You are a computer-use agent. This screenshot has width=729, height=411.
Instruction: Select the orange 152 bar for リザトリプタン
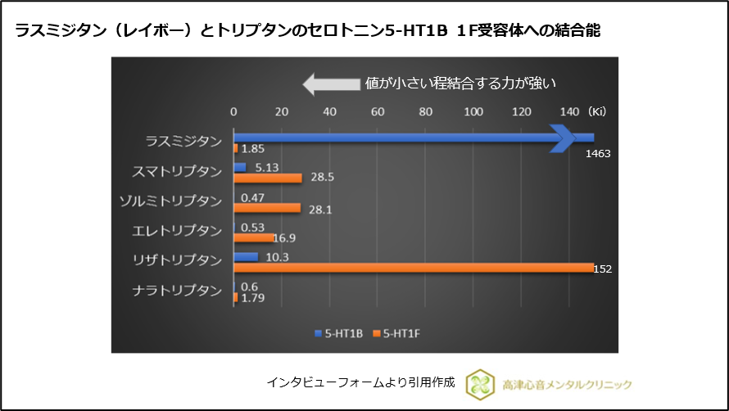(x=414, y=267)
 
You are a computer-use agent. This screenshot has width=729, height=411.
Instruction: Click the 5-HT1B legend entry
(x=337, y=333)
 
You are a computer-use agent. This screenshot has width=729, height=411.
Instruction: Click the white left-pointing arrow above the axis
(x=329, y=84)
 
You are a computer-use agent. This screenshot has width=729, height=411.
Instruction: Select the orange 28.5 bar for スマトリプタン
(x=268, y=178)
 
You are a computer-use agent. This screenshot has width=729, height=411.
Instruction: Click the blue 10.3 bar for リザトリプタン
(x=246, y=256)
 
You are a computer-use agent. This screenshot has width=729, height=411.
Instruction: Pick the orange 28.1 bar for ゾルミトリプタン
(x=267, y=208)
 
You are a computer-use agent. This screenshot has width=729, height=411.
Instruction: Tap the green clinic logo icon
(x=480, y=383)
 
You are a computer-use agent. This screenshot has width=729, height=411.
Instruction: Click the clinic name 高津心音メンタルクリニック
(x=566, y=384)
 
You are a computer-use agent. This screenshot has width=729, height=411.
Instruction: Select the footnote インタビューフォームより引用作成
(x=360, y=382)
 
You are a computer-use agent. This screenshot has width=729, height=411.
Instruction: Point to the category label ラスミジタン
(x=183, y=141)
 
